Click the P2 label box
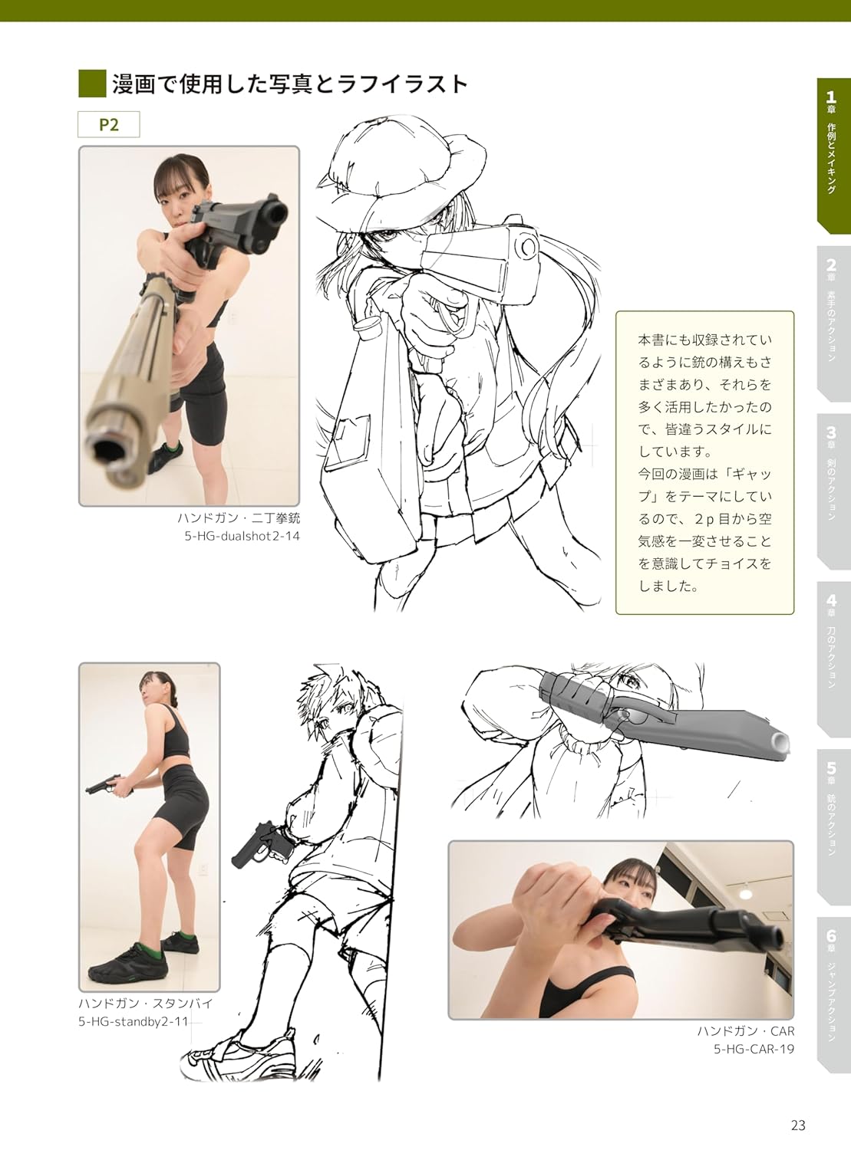pyautogui.click(x=108, y=124)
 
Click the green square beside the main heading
pyautogui.click(x=92, y=84)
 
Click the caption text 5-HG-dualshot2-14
pyautogui.click(x=242, y=536)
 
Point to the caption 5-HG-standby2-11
pyautogui.click(x=133, y=1022)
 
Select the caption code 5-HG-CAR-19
pyautogui.click(x=754, y=1048)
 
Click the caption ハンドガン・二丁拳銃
pyautogui.click(x=239, y=518)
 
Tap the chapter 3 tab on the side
pyautogui.click(x=832, y=491)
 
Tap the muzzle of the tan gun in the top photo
pyautogui.click(x=109, y=448)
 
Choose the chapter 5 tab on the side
pyautogui.click(x=832, y=827)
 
